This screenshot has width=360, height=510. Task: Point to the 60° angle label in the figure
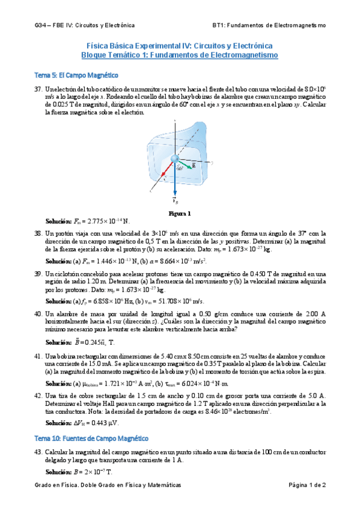[180, 168]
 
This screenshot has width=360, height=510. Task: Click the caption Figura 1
[180, 213]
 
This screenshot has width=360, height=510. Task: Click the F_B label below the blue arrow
[175, 200]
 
